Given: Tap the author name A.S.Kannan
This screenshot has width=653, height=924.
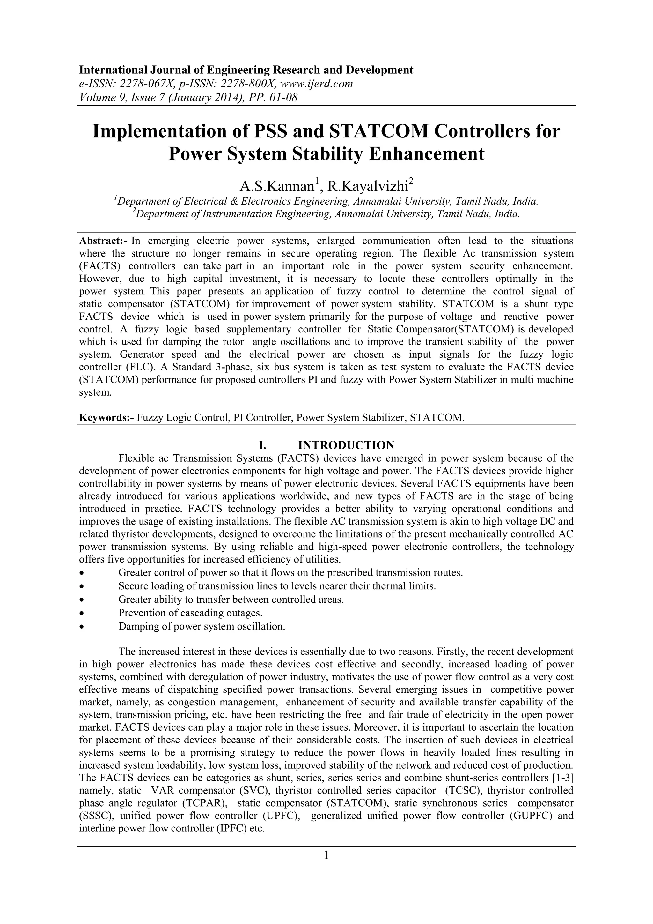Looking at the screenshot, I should tap(277, 186).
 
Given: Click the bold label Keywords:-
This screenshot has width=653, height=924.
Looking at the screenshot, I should tap(106, 417).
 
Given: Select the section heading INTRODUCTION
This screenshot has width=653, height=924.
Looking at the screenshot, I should tap(346, 445).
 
